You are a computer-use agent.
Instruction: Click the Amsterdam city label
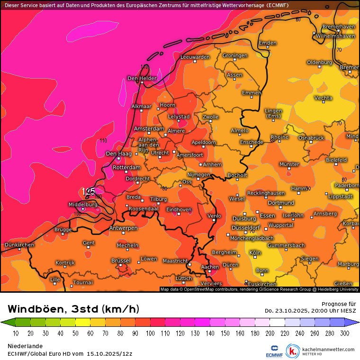[x=149, y=129]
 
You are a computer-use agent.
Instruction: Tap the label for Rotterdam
[x=127, y=168]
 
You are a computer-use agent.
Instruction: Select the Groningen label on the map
[x=235, y=55]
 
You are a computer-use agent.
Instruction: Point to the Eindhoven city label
[x=179, y=209]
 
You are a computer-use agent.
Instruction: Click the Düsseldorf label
[x=246, y=228]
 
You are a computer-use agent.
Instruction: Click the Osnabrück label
[x=311, y=138]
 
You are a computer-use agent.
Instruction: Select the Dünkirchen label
[x=19, y=245]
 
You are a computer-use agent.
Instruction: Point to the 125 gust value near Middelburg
[x=89, y=191]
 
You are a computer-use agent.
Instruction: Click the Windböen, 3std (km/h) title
[x=73, y=309]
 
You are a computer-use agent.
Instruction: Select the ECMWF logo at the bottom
[x=274, y=352]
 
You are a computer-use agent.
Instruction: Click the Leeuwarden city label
[x=195, y=57]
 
